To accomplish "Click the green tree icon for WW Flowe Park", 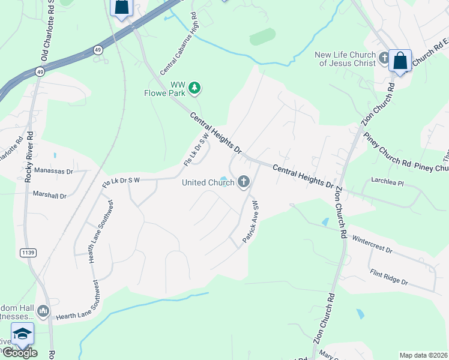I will click(x=194, y=88).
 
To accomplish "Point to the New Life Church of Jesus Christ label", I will click(x=345, y=59).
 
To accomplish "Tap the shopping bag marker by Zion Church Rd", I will click(x=400, y=61).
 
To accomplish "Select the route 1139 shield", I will click(x=27, y=253).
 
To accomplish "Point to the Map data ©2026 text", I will click(x=424, y=355).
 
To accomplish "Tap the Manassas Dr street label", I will click(x=53, y=171).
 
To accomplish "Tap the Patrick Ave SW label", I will click(x=250, y=223).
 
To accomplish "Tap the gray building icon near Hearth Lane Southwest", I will click(x=43, y=311).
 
